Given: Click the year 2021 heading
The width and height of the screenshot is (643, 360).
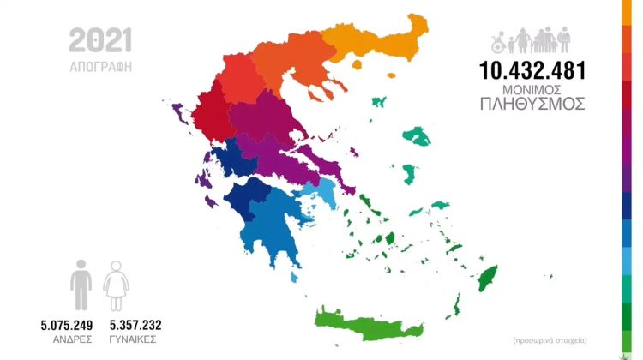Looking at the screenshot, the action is point(100,39).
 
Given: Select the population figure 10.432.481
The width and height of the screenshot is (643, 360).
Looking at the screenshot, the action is point(532,71).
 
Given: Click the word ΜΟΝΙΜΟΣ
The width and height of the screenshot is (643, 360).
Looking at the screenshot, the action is point(532,89).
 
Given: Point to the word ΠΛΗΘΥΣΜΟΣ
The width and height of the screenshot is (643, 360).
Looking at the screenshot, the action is point(532,104).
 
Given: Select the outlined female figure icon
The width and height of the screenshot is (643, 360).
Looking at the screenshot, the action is point(116,285).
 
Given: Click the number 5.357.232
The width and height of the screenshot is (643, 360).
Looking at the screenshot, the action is point(135,326).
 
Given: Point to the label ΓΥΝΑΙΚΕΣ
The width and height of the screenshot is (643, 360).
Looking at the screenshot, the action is point(135,340).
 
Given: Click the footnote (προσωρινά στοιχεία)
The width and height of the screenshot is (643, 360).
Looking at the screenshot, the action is point(550,340).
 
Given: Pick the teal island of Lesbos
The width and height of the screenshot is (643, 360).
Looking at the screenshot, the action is point(417,135).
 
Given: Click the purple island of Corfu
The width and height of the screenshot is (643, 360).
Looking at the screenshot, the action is point(179,111).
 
